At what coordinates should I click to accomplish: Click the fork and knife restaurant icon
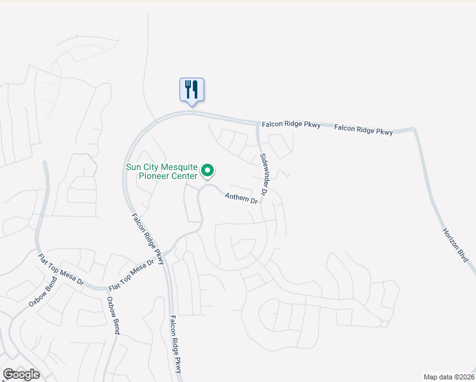(192, 90)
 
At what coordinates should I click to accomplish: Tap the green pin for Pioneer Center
(207, 171)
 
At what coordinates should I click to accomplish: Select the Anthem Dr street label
(242, 199)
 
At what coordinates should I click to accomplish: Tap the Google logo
(22, 374)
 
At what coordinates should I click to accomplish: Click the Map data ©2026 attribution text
(449, 377)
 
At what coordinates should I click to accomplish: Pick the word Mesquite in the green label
(174, 167)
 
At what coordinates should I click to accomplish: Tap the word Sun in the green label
(133, 167)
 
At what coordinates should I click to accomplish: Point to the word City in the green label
(151, 167)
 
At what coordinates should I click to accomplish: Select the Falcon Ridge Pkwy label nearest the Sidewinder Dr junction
(291, 124)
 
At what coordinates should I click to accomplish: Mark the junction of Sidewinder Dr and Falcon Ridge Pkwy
(258, 124)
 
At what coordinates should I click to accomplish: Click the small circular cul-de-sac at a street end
(384, 324)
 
